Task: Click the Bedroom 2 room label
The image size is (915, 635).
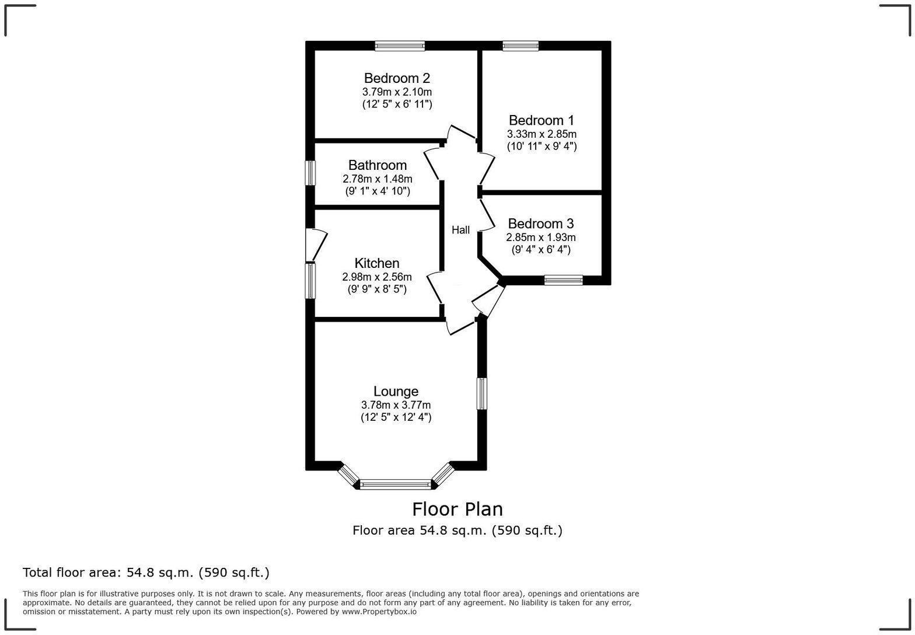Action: tap(397, 78)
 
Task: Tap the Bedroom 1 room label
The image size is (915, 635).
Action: tap(541, 121)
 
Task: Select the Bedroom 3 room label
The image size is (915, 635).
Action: tap(540, 224)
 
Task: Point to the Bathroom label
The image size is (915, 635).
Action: tap(377, 165)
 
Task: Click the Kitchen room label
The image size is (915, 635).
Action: tap(376, 263)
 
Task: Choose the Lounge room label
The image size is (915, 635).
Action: tap(396, 392)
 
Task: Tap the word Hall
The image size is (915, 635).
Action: tap(460, 230)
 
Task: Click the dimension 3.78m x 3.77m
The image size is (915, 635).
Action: tap(396, 405)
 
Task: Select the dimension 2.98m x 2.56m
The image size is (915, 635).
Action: tap(376, 277)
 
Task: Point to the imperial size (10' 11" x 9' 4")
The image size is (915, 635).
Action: tap(541, 146)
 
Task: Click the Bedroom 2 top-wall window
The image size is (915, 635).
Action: tap(400, 46)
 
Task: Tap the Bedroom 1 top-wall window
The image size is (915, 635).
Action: tap(521, 46)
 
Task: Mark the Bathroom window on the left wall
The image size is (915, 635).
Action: tap(310, 173)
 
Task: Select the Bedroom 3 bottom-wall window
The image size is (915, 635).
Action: tap(563, 280)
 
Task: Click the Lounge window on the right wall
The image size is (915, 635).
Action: tap(482, 393)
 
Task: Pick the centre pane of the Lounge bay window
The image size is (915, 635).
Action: tap(395, 484)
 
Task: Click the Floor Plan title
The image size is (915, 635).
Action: tap(457, 510)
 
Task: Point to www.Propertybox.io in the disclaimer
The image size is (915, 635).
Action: tap(379, 612)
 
